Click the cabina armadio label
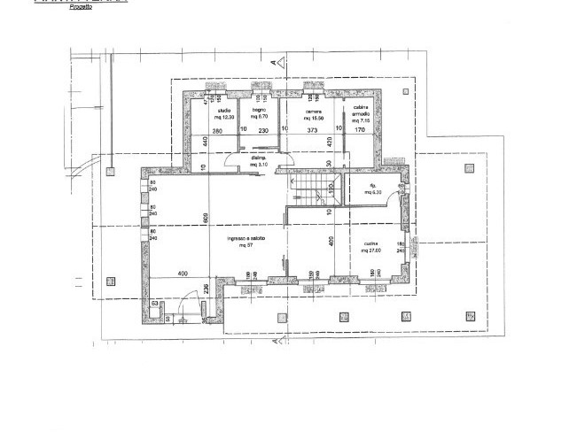[361, 112]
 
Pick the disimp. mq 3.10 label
[259, 162]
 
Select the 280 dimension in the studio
[217, 131]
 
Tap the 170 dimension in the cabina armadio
[361, 131]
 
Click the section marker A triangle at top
[277, 63]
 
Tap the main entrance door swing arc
[183, 305]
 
